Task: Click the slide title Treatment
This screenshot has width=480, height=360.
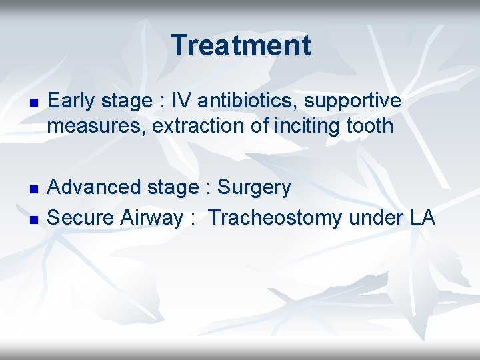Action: pos(240,45)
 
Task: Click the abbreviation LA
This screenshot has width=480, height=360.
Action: pos(421,217)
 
